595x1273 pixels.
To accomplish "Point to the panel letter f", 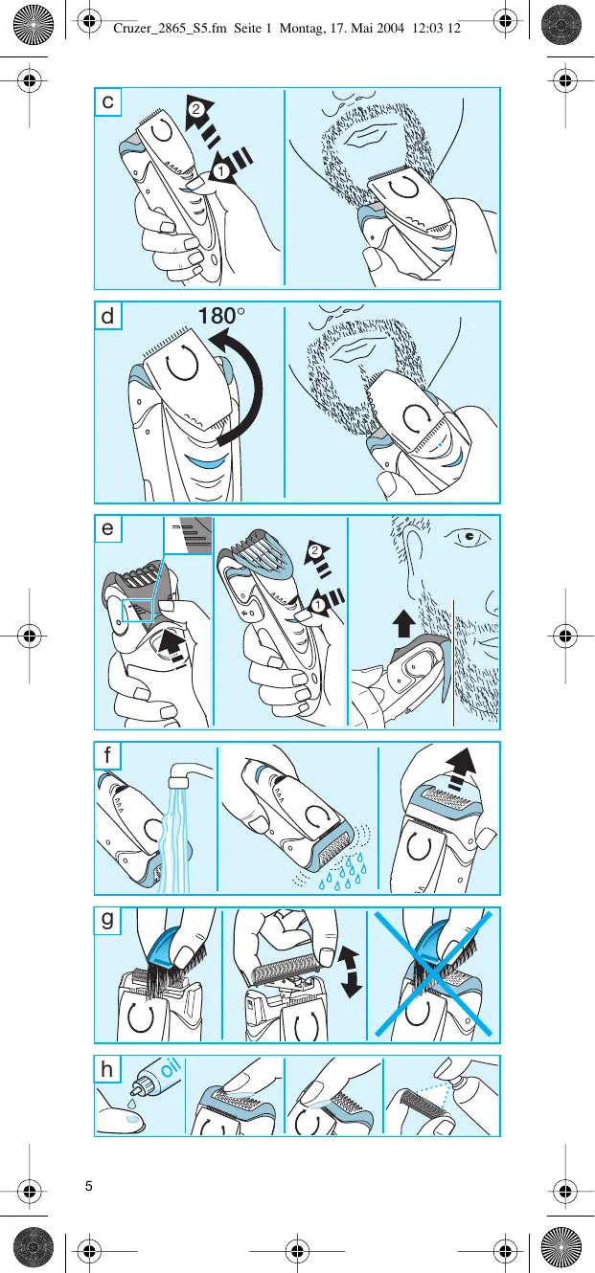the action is [108, 755].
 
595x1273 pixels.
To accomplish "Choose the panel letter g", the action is [109, 922].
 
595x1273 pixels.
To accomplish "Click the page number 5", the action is [88, 1187].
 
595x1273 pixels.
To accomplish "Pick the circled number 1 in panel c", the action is [219, 172].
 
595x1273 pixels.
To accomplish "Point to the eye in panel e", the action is [469, 537].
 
